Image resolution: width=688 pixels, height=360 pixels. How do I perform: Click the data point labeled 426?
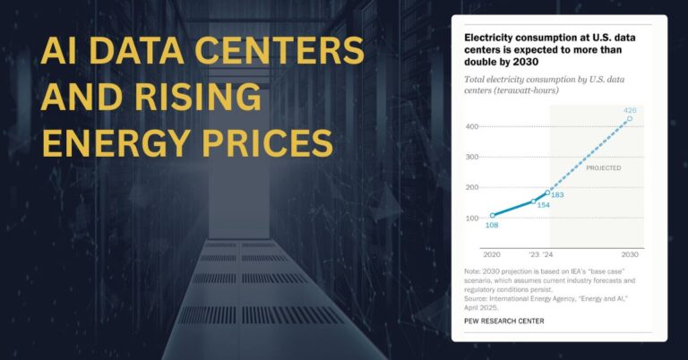pos(629,119)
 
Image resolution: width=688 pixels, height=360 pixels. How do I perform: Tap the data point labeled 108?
pos(493,216)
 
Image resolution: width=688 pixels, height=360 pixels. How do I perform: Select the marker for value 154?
pos(534,201)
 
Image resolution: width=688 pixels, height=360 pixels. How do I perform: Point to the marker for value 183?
pos(547,193)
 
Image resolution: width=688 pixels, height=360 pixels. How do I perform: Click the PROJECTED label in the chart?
pos(603,167)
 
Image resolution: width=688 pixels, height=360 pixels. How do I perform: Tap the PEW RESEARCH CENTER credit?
pos(503,321)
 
